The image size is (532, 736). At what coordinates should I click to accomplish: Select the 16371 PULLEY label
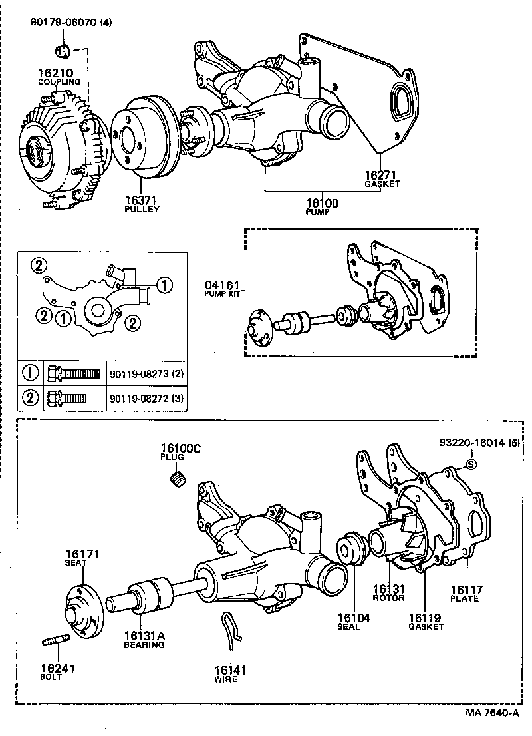pos(142,203)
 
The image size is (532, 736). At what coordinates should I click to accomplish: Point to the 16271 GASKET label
pos(382,179)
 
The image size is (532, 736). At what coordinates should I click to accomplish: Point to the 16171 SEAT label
pos(82,558)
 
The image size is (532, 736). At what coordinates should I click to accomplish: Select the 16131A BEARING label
pos(144,640)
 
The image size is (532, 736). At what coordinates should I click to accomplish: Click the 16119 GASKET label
pos(426,622)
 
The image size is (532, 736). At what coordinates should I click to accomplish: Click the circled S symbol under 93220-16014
pos(470,464)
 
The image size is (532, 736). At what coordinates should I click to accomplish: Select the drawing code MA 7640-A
pos(491,712)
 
